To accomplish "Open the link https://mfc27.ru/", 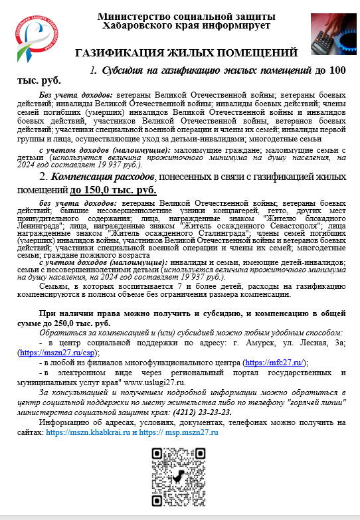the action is point(274,363).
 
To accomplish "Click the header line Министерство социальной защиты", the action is point(183,17).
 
